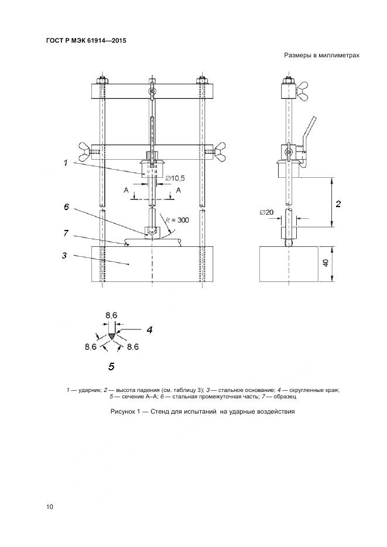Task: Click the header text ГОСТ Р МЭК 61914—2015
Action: pyautogui.click(x=85, y=40)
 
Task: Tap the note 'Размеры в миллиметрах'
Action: pyautogui.click(x=321, y=56)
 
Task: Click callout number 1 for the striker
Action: pyautogui.click(x=66, y=164)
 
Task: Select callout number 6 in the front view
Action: pyautogui.click(x=66, y=207)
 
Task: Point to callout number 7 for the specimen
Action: pyautogui.click(x=66, y=233)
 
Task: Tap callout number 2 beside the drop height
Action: pyautogui.click(x=338, y=204)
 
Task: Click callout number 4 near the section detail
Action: pyautogui.click(x=149, y=330)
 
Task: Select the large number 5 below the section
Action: pyautogui.click(x=111, y=367)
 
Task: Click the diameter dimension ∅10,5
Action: pyautogui.click(x=176, y=177)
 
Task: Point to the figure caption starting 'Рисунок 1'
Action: pyautogui.click(x=202, y=411)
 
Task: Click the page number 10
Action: pyautogui.click(x=49, y=507)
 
